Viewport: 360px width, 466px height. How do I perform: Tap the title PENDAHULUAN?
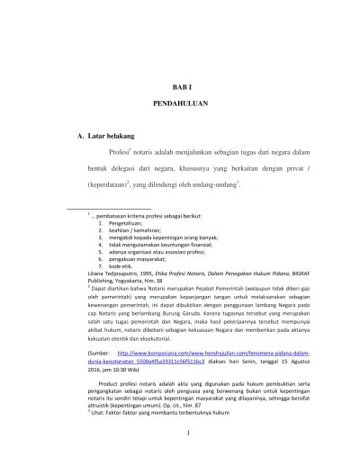(181, 104)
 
